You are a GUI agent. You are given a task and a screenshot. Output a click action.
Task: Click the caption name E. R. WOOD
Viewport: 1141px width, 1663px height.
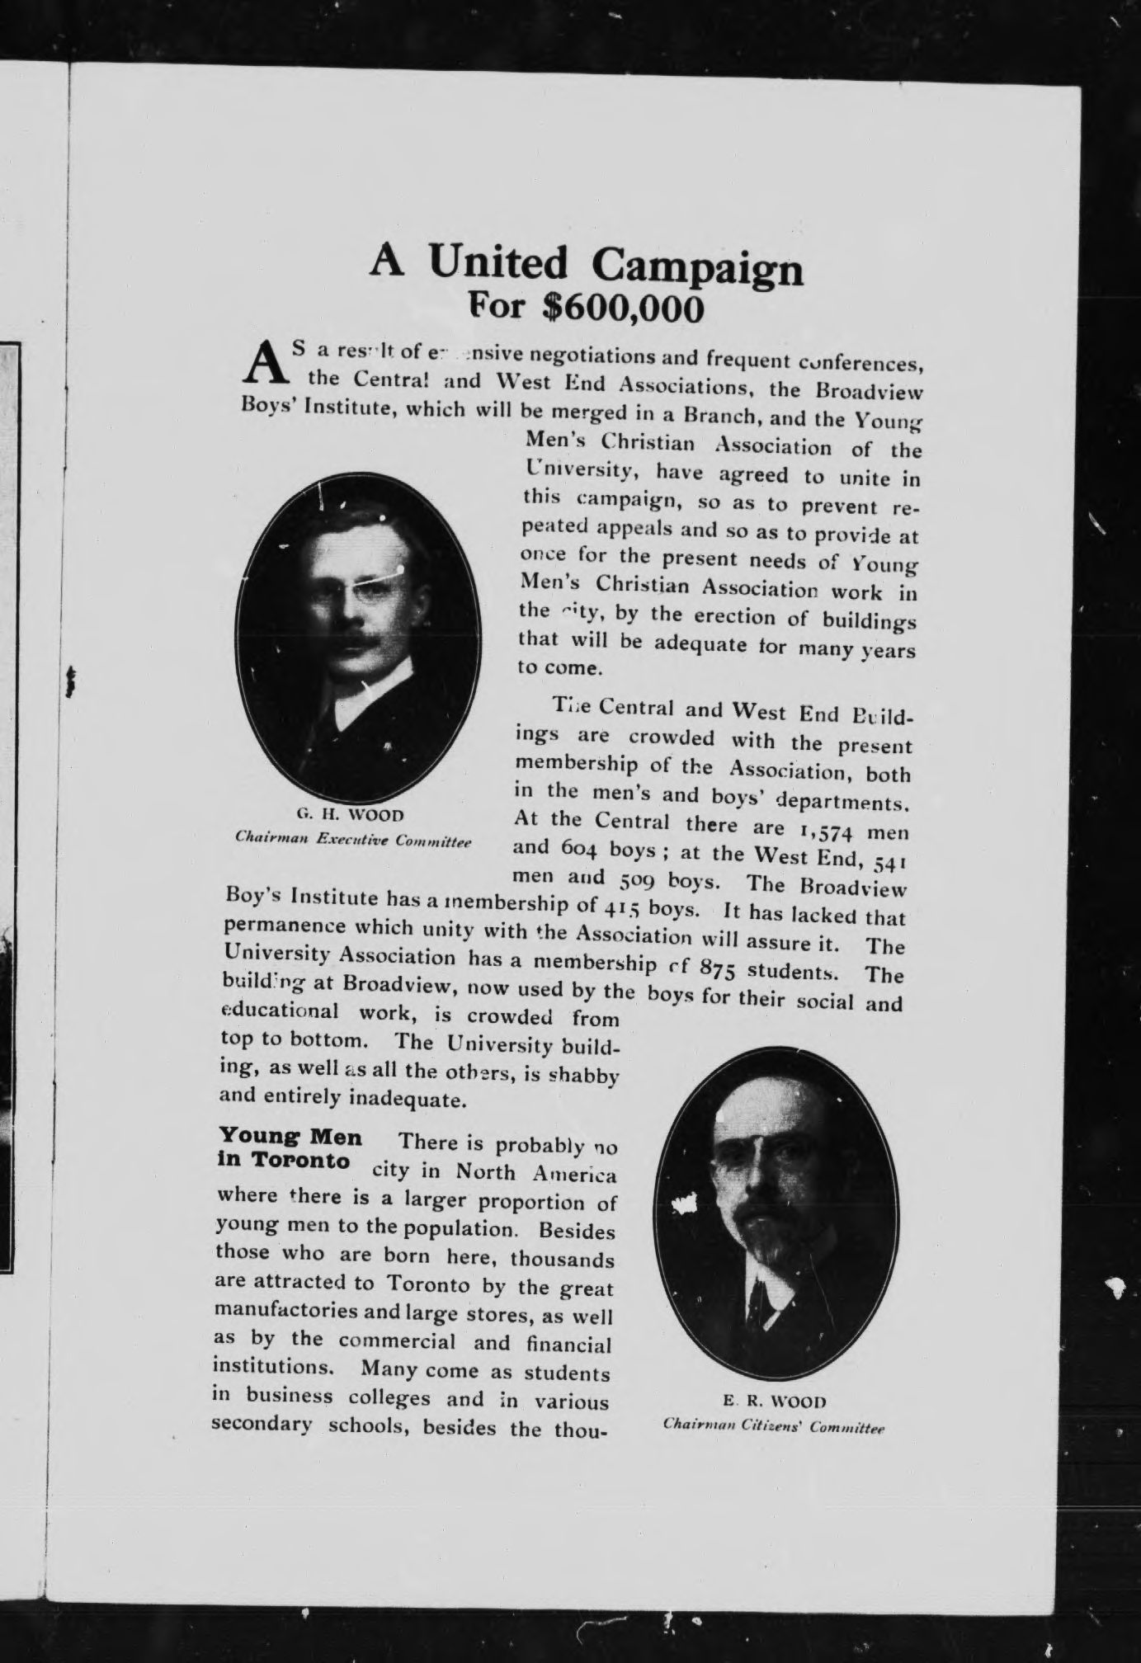(x=774, y=1401)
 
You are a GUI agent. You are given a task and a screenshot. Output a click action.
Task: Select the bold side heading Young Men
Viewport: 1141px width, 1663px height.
(x=290, y=1137)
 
